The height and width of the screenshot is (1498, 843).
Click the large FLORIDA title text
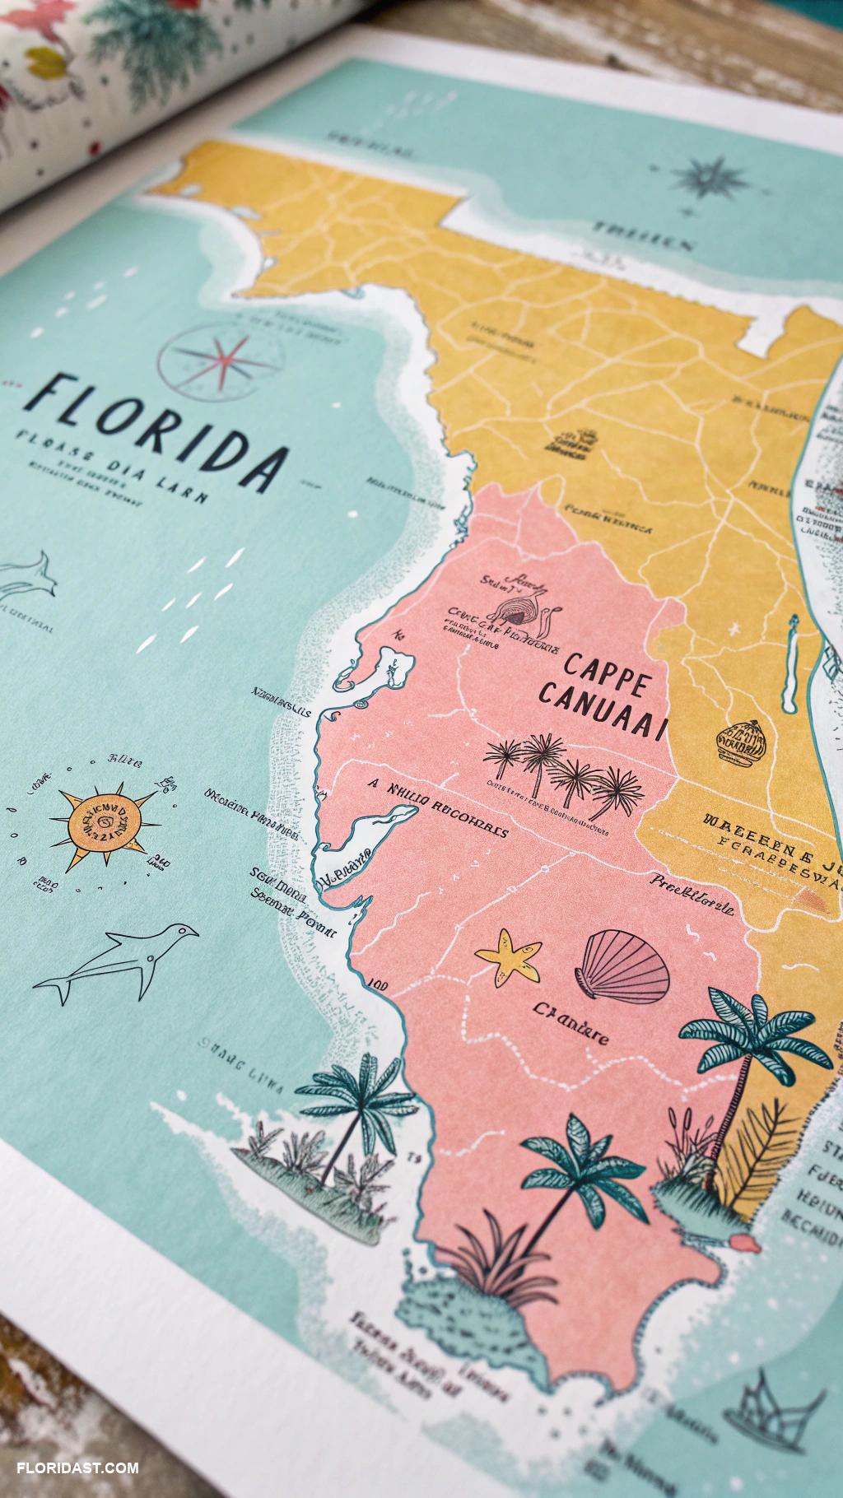[156, 428]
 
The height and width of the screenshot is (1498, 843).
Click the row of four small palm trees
[557, 770]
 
